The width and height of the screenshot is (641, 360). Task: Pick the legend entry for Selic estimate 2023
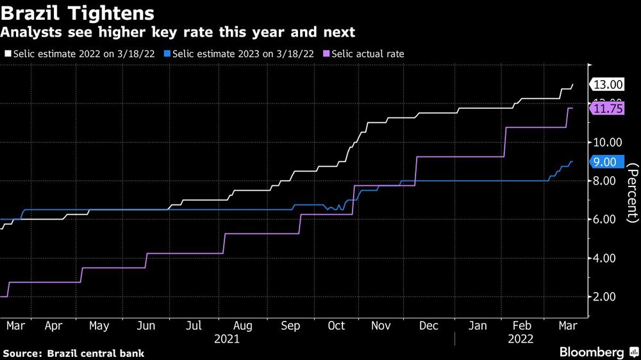point(239,54)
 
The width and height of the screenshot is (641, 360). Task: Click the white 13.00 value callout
point(607,85)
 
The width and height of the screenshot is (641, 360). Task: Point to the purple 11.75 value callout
point(607,110)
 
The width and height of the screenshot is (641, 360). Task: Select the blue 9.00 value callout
point(604,162)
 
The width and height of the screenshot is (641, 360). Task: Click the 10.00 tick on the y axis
point(606,142)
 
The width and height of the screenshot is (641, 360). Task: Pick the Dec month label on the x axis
point(429,326)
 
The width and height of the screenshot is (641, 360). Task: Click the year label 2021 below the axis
point(227,339)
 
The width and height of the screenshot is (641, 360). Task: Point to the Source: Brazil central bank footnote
point(74,353)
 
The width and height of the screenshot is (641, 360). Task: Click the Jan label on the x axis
point(478,326)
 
